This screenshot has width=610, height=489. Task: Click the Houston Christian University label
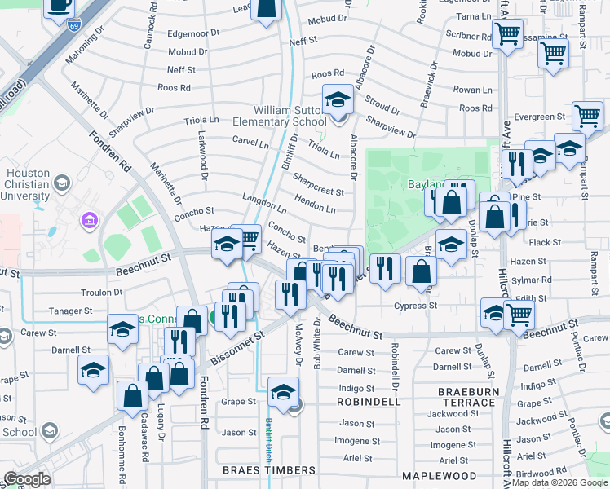pos(29,184)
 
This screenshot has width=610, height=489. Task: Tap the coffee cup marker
pos(59,7)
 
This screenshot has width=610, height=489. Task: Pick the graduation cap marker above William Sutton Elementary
pos(337,99)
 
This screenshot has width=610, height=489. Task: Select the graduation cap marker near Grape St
pos(283,391)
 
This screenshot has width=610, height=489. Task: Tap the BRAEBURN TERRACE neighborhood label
pos(467,397)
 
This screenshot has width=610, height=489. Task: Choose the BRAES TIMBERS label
pos(269,470)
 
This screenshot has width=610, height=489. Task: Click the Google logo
pos(28,479)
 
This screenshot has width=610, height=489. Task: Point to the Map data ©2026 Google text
pos(559,482)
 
